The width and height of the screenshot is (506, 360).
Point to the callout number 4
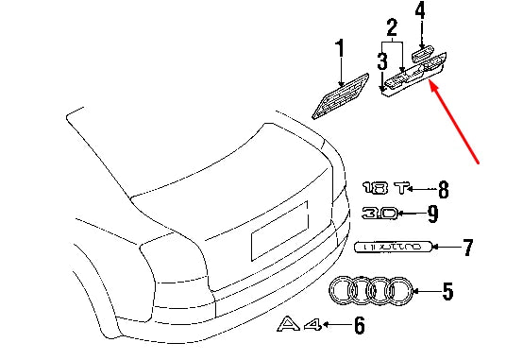(420, 12)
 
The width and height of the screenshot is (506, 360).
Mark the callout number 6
(358, 327)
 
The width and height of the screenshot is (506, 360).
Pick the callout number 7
(466, 249)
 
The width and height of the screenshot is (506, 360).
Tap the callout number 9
(431, 214)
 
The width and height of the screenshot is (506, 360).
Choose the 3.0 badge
(379, 214)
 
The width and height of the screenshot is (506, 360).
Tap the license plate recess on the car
(278, 230)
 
